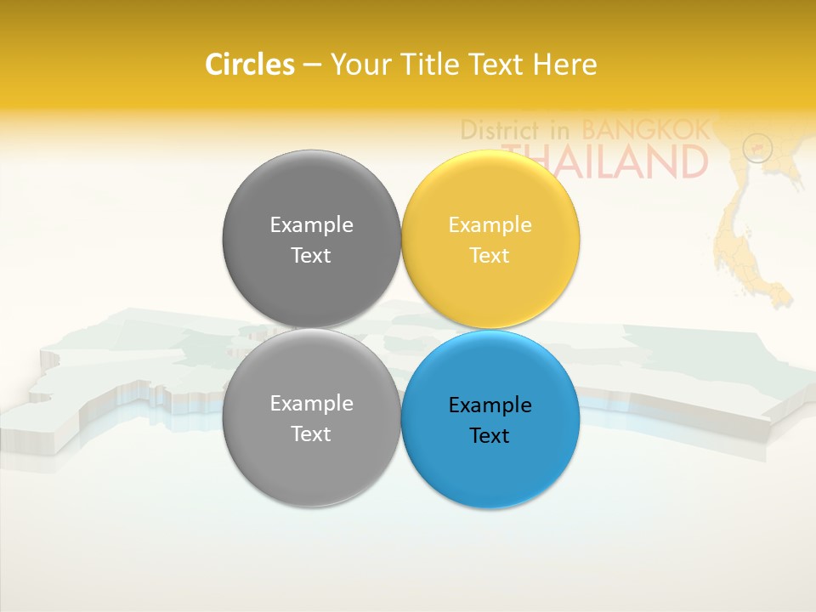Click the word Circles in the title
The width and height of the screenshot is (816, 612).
coord(250,65)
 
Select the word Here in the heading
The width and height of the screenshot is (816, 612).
coord(565,65)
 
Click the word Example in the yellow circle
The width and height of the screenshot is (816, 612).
coord(490,225)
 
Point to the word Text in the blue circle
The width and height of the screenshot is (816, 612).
coord(490,436)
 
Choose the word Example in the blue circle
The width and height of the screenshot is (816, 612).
coord(490,405)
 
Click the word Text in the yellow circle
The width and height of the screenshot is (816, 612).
coord(490,256)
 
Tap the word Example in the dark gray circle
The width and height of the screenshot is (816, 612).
coord(311,225)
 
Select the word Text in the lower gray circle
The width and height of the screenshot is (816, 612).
coord(311,434)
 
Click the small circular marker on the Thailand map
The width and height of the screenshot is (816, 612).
coord(757,148)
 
